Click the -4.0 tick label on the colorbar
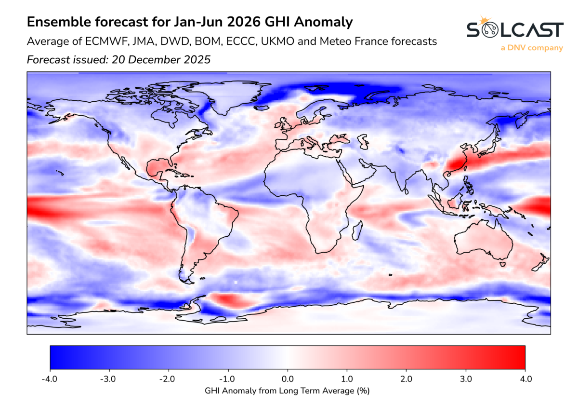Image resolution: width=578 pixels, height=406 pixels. (x=50, y=379)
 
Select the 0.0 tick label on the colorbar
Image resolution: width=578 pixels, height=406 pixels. (x=288, y=379)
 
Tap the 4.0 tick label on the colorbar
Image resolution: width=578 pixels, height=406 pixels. (x=525, y=379)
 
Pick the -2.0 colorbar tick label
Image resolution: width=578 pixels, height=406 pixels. (x=169, y=379)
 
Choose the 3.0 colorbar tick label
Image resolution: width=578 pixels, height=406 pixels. (x=466, y=379)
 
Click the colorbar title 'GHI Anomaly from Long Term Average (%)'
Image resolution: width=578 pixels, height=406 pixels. (x=288, y=390)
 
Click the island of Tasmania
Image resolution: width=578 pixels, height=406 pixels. (x=502, y=264)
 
